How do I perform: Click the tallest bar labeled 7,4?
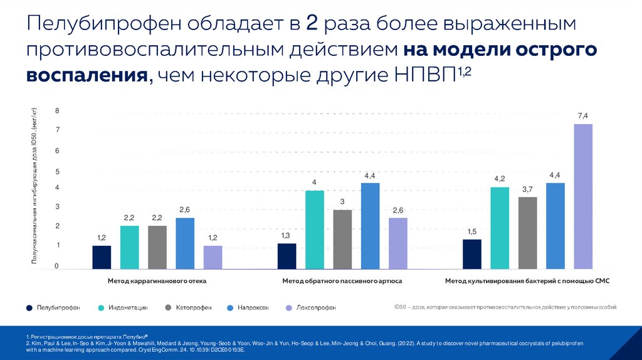click(583, 196)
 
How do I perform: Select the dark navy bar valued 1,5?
click(472, 254)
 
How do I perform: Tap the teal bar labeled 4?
click(315, 230)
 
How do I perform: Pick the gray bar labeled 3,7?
click(528, 233)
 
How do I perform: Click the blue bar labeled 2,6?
click(185, 243)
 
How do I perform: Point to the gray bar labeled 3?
click(342, 239)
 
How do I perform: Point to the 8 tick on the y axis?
click(57, 111)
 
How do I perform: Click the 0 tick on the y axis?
click(56, 267)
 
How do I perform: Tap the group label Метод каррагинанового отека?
click(157, 282)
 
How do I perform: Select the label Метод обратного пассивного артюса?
click(342, 282)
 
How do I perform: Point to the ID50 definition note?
click(505, 307)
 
